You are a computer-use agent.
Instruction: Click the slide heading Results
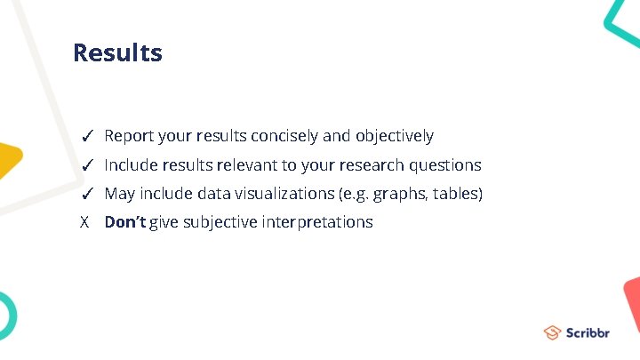117,53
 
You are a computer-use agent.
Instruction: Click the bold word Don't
125,222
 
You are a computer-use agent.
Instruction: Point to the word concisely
284,137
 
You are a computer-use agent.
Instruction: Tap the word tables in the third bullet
456,194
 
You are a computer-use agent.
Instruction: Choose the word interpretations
317,222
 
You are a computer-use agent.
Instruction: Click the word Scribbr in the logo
588,333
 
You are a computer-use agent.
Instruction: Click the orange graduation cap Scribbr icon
552,333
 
